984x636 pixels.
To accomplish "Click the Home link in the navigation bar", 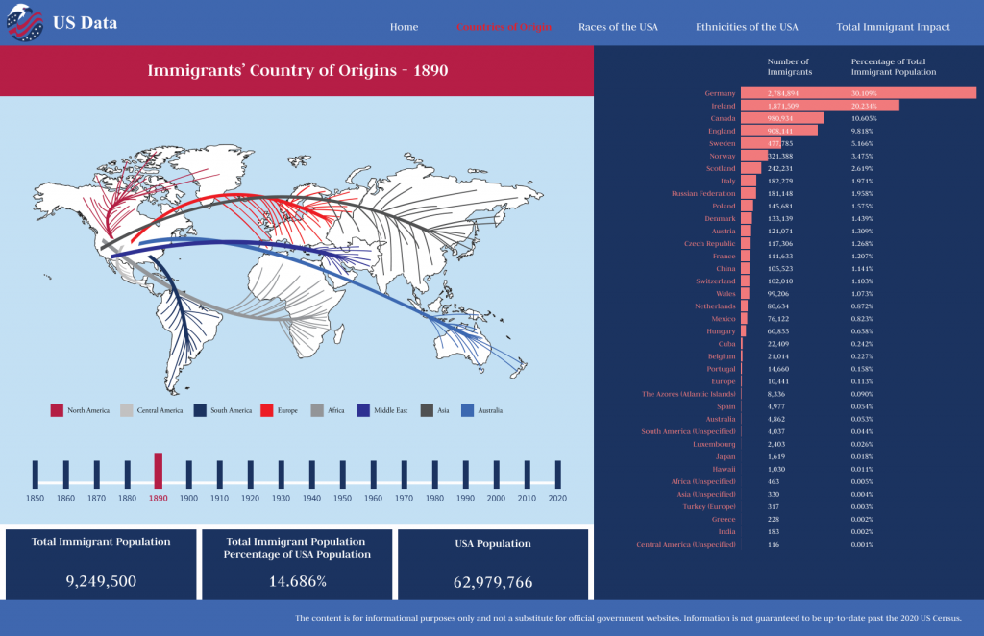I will click(404, 27).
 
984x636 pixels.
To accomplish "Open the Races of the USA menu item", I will click(618, 27).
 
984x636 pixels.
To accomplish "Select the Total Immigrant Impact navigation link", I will click(893, 27).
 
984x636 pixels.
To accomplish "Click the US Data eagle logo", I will click(25, 23).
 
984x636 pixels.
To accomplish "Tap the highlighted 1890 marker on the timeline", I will click(159, 470).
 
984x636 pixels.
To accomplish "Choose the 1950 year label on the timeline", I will click(342, 499).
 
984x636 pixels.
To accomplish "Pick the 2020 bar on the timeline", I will click(557, 473).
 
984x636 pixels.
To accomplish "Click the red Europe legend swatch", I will click(266, 410).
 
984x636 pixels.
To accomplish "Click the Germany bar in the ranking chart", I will click(858, 93).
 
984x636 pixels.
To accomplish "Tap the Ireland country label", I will click(723, 106).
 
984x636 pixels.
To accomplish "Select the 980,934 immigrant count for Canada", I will click(782, 118).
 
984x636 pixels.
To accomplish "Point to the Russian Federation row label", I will click(704, 193).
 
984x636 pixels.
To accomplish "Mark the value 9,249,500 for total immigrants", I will click(100, 581).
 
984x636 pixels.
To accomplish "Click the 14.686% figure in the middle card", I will click(297, 581).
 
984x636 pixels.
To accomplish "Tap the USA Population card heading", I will click(492, 544).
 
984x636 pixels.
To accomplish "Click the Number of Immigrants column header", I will click(789, 66).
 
